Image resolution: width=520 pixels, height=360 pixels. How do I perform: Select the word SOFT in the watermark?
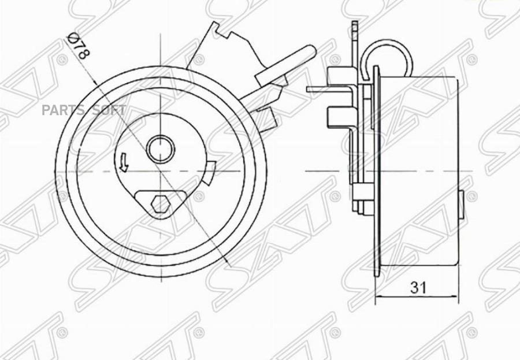(109, 111)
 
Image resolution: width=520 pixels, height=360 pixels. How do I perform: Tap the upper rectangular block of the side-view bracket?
(336, 75)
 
